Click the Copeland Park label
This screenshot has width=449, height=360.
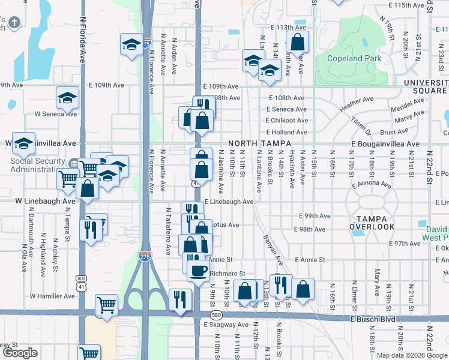[355, 58]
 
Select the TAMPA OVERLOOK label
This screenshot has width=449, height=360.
[375, 222]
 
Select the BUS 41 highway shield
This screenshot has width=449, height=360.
[81, 281]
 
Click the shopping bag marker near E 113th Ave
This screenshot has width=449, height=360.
[297, 42]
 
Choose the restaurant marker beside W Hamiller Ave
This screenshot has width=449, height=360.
[180, 299]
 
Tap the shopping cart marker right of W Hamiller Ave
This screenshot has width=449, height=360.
[107, 304]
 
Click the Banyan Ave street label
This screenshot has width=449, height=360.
[272, 248]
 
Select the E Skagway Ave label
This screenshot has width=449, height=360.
[225, 325]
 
